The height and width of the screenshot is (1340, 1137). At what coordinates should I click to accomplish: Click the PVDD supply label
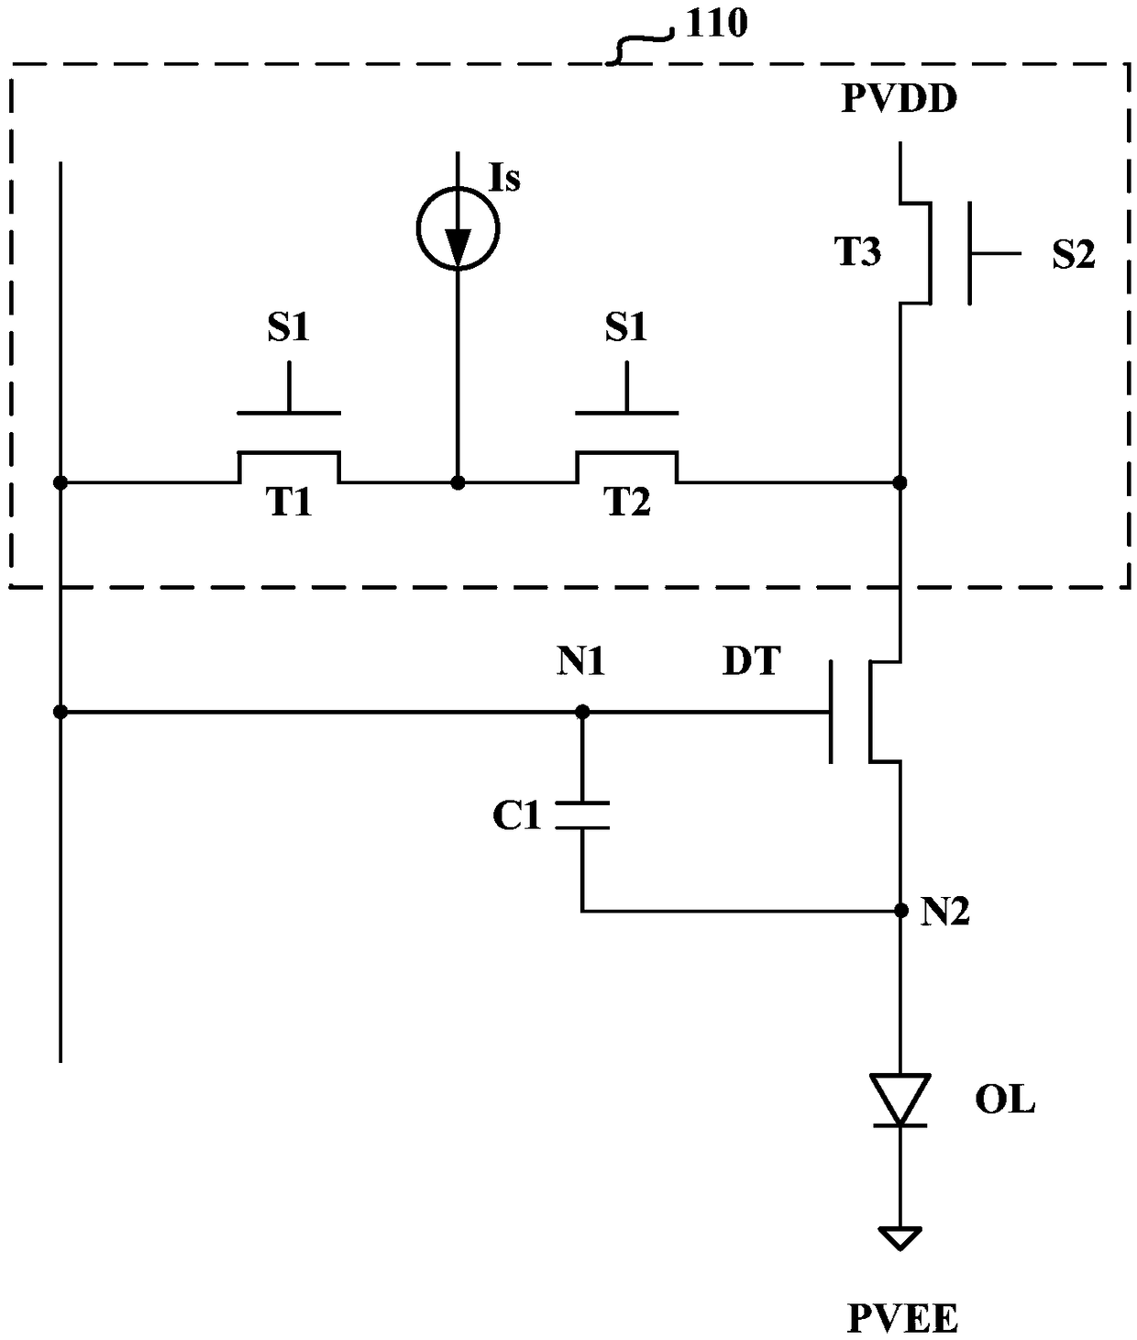[x=900, y=99]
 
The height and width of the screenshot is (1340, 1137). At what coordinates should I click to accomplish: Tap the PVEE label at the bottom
[x=902, y=1318]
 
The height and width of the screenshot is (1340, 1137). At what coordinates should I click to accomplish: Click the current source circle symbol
[x=458, y=228]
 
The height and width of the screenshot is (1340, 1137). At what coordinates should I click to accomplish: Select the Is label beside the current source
[x=504, y=178]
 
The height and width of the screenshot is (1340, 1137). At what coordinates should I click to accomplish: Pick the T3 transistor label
[x=857, y=251]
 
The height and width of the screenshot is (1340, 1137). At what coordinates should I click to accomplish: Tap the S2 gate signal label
[x=1074, y=253]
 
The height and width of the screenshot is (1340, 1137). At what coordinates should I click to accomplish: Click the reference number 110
[x=716, y=23]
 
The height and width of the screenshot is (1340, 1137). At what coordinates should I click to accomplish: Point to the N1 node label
[x=580, y=662]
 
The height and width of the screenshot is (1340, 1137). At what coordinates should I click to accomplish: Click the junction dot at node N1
[x=582, y=712]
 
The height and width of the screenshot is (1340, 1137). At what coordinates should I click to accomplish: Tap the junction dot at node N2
[x=900, y=911]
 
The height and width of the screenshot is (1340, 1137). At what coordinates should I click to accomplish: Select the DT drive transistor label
[x=751, y=661]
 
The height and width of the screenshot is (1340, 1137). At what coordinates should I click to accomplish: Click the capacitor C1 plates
[x=582, y=814]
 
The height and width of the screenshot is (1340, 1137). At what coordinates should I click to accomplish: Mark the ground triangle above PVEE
[x=900, y=1238]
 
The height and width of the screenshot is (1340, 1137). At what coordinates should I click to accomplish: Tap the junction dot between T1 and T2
[x=458, y=483]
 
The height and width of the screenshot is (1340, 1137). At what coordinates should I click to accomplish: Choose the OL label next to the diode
[x=1005, y=1100]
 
